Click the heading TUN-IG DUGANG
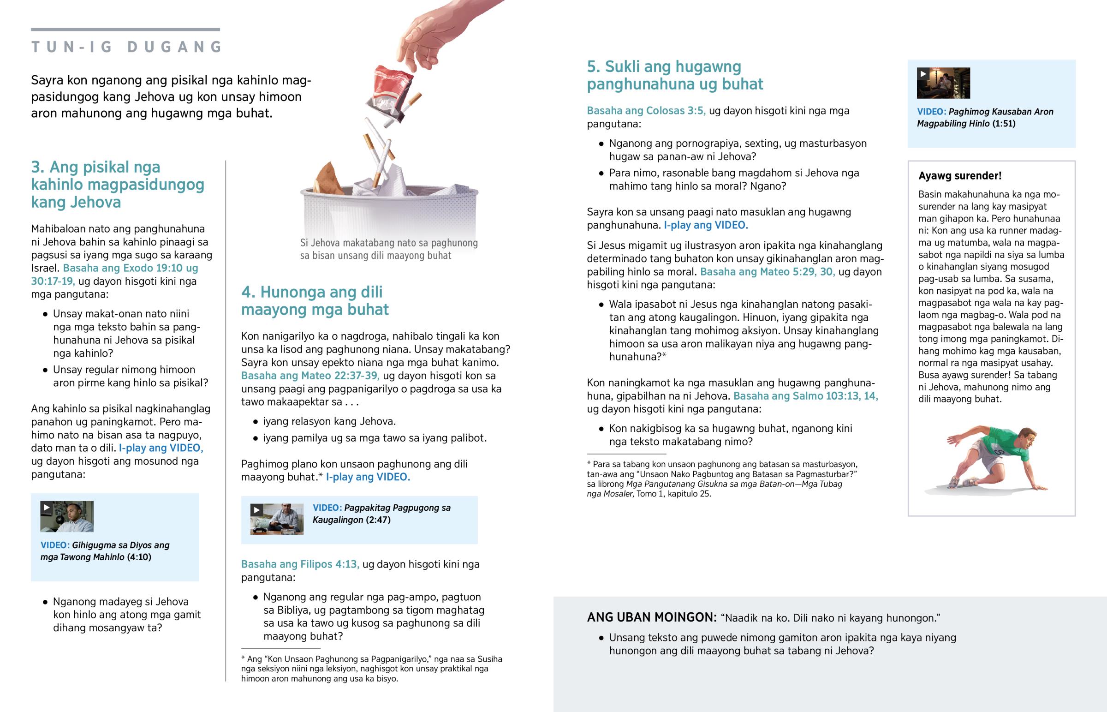coord(127,47)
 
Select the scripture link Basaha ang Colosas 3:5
coord(646,111)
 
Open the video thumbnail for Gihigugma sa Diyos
coord(66,516)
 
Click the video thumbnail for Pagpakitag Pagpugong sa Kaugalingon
coord(277,519)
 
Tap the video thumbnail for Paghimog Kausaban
coord(943,83)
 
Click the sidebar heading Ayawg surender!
coord(959,176)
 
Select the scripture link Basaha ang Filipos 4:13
coord(300,564)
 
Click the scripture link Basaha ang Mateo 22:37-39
coord(310,376)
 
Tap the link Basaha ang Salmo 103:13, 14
coord(805,396)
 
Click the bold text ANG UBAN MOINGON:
coord(651,618)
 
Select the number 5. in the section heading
coord(593,67)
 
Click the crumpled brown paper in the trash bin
coord(329,178)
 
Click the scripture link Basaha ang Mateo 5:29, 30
coord(767,272)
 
